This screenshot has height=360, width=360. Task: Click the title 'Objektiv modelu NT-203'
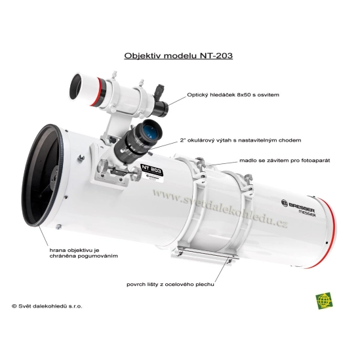178,56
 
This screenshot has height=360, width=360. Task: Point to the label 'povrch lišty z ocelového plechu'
170,285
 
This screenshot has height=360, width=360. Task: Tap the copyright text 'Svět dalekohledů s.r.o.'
47,306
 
